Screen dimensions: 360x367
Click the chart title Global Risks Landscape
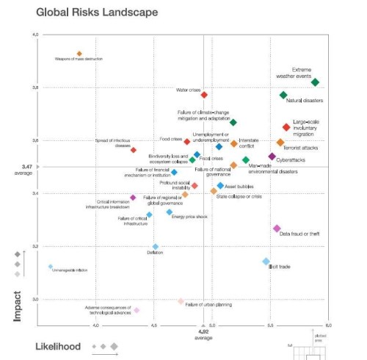pos(95,12)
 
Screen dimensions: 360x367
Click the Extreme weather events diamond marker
pos(315,82)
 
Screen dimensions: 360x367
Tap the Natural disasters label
pos(305,101)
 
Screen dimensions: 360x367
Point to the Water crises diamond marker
pos(204,95)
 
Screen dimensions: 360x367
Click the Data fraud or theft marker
pos(277,228)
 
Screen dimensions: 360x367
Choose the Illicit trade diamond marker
pos(266,262)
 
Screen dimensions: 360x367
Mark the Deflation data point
pos(155,247)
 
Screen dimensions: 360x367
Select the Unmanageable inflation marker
pos(50,266)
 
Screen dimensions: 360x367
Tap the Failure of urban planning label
pos(208,304)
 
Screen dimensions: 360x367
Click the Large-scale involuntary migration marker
pos(286,127)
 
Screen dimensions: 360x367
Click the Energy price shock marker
pos(169,212)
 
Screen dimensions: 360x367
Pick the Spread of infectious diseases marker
pos(134,150)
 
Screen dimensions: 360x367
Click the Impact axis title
pos(17,304)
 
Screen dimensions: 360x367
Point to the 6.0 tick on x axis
pos(328,324)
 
